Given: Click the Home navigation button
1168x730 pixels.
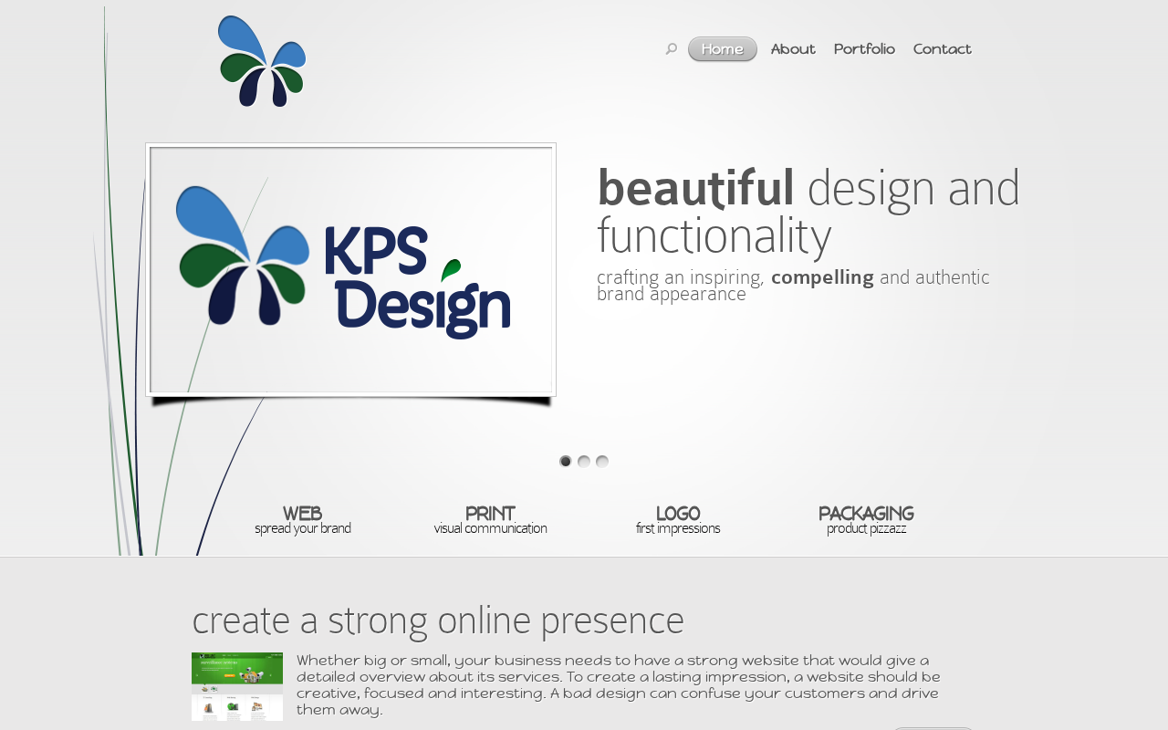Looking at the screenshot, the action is pos(722,49).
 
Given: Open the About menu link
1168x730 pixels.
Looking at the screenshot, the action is pos(793,49).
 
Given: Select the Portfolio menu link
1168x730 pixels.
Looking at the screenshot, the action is pos(864,49).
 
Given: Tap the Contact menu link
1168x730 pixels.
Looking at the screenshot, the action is pos(942,49).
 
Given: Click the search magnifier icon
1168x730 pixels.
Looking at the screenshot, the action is pos(671,49).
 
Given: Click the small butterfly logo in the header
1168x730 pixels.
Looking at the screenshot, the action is pos(262,61).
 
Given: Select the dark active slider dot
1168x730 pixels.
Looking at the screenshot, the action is pos(565,462).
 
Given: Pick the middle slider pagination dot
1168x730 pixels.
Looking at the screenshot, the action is pos(584,462).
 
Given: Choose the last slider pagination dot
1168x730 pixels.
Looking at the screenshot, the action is pos(602,462).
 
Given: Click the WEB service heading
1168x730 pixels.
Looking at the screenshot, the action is pos(302,514).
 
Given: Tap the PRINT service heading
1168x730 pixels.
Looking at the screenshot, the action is pos(490,514).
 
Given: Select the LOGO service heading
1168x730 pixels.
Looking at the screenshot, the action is pos(678,514).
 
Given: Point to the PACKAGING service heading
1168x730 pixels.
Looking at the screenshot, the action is pos(866,514).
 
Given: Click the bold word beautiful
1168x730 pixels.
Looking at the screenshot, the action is pos(695,188).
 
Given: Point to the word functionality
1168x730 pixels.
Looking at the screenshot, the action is pos(714,237).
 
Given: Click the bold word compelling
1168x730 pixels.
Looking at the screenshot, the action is pos(822,277).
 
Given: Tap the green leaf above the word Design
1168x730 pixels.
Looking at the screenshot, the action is pos(451,269).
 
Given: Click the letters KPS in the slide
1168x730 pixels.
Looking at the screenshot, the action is pos(376,251).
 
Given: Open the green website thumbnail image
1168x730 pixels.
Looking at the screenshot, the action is pos(237,686).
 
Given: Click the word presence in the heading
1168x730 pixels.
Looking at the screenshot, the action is pos(611,622).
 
